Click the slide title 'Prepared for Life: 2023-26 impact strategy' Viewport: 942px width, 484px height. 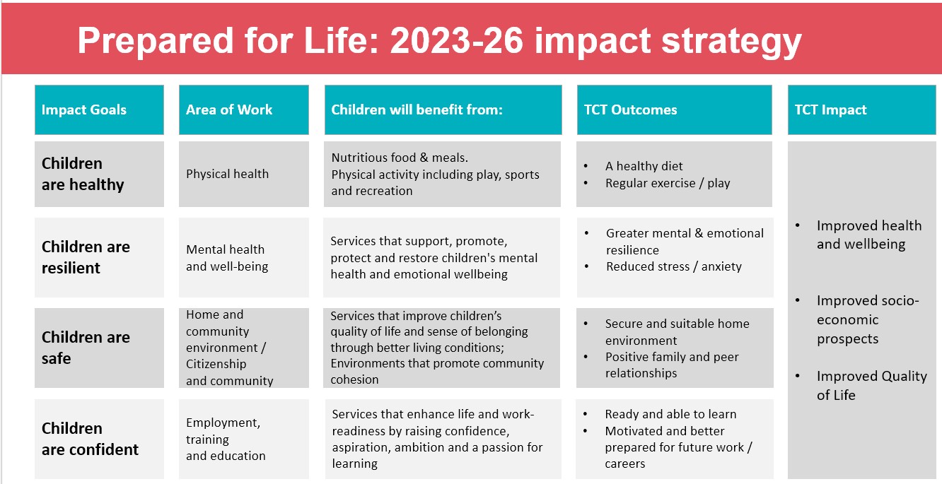tap(439, 41)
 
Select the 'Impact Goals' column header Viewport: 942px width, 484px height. tap(99, 110)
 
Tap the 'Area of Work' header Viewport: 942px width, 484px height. tap(244, 110)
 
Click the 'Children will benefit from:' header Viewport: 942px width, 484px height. tap(443, 110)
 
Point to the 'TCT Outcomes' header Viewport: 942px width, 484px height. tap(675, 110)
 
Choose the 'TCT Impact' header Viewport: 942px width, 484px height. tap(861, 110)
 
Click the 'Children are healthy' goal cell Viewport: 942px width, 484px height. tap(99, 174)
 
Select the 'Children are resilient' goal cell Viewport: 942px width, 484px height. tap(99, 257)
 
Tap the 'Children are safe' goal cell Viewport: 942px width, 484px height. tap(99, 348)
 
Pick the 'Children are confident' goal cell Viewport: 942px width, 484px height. tap(99, 439)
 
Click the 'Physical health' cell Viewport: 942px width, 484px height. tap(244, 174)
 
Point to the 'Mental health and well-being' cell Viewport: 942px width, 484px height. tap(244, 257)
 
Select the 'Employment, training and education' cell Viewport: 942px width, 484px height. tap(244, 439)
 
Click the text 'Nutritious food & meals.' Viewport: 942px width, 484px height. tap(400, 158)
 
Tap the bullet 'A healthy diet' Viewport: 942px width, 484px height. tap(644, 166)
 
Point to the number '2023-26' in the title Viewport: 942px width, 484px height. tap(457, 41)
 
